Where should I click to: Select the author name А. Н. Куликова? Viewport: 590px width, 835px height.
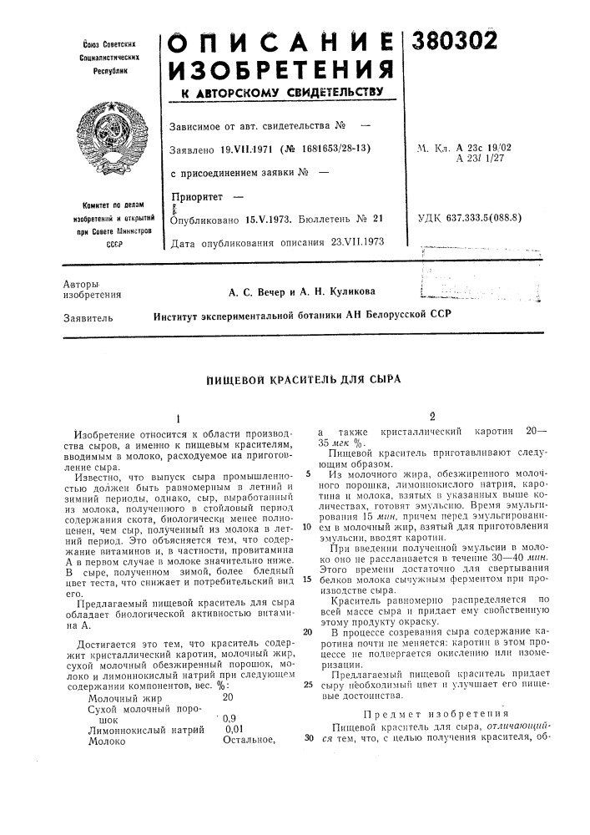pyautogui.click(x=339, y=291)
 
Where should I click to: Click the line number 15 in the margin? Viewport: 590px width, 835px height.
pyautogui.click(x=306, y=556)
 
